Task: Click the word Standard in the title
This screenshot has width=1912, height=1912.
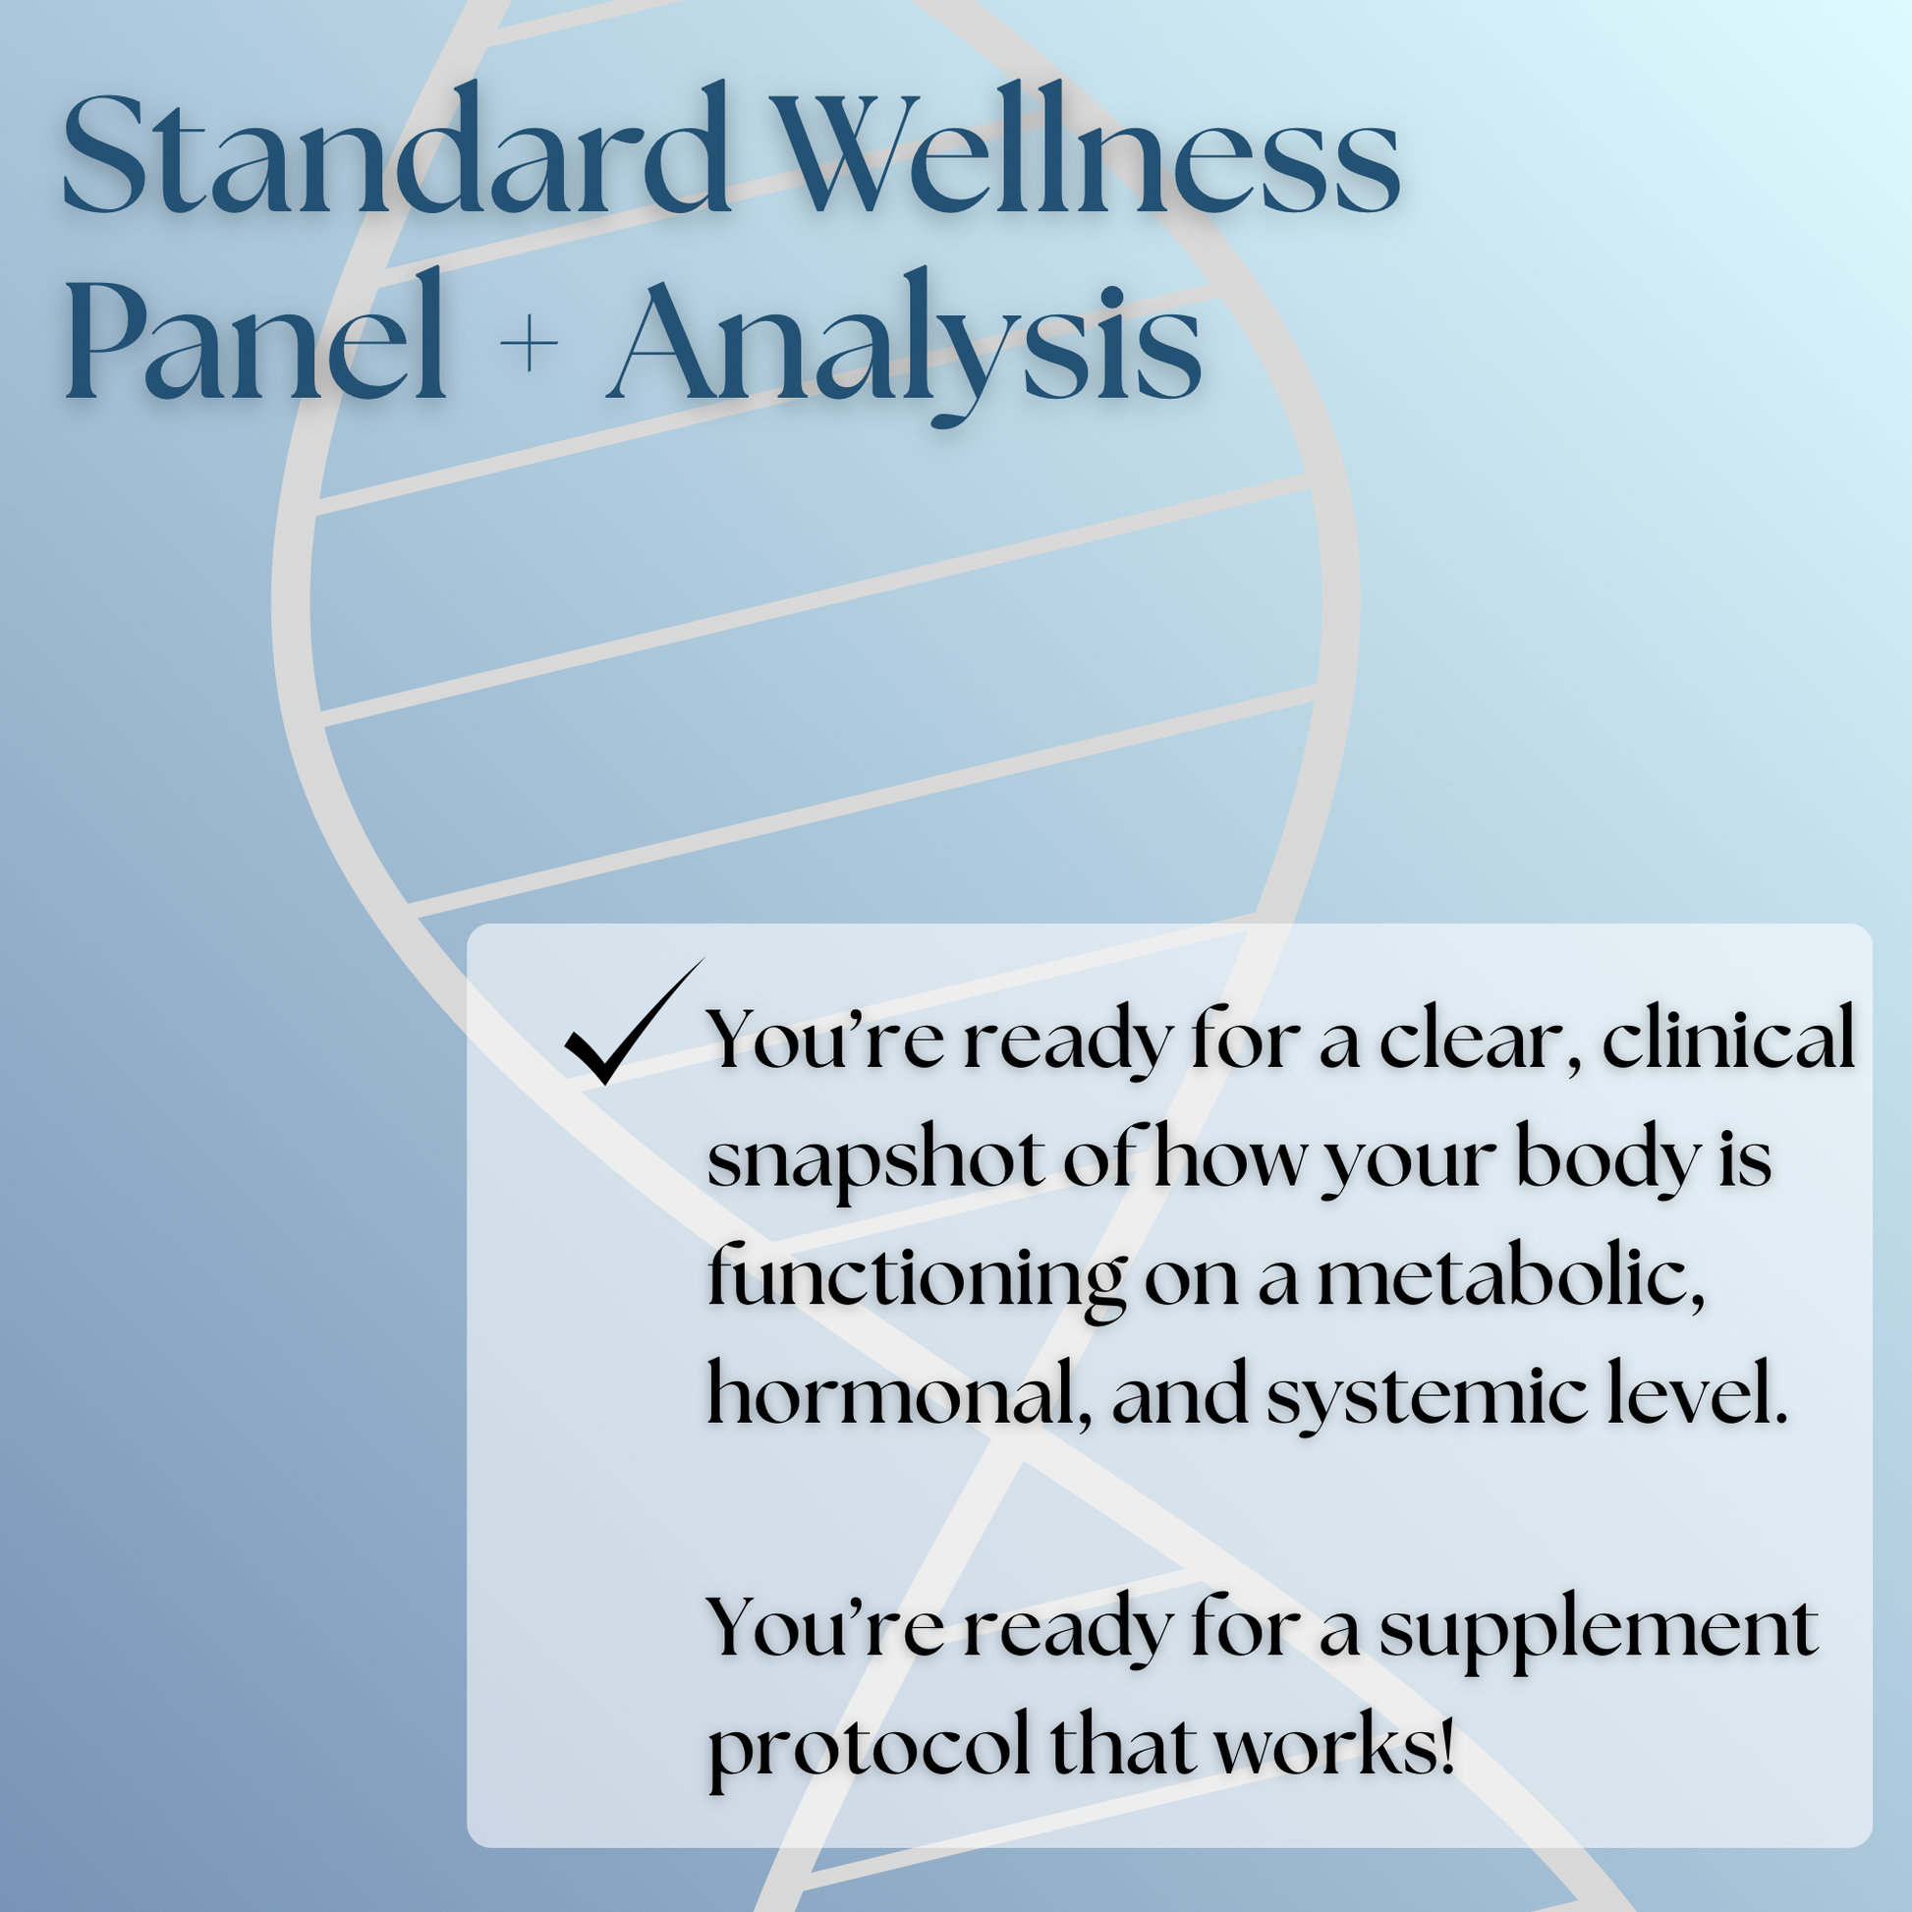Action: click(x=396, y=153)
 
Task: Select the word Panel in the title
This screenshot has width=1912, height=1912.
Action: click(x=255, y=342)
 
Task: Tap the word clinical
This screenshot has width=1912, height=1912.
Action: click(x=1728, y=1041)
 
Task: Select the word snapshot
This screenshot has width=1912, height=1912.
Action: click(x=875, y=1159)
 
